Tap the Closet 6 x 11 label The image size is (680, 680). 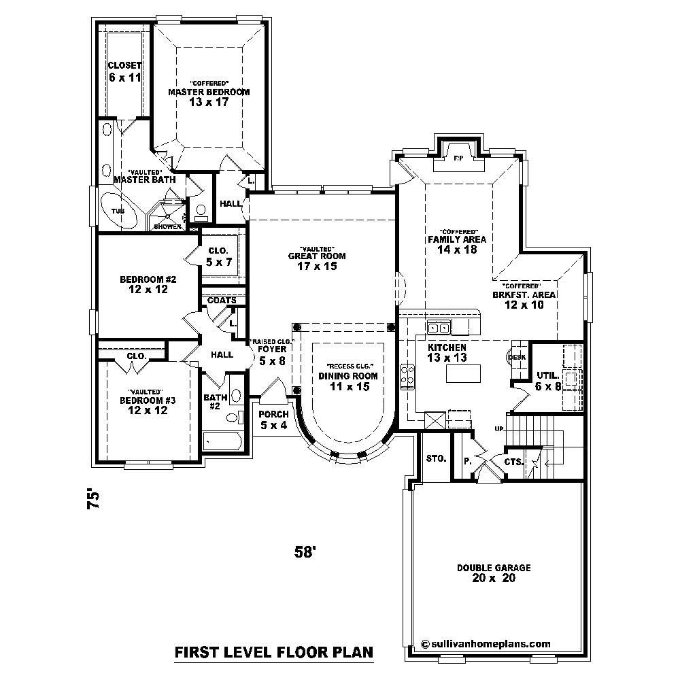(124, 71)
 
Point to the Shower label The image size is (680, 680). (167, 226)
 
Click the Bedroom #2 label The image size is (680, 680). (148, 284)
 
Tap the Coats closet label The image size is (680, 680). (222, 300)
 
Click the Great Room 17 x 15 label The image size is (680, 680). (316, 261)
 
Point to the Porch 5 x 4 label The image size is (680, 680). (273, 420)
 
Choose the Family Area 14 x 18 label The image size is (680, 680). (456, 244)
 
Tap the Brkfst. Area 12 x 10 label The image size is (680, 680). (524, 300)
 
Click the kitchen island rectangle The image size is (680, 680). (462, 373)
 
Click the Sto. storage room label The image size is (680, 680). (436, 458)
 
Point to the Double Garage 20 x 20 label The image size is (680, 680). (494, 573)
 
